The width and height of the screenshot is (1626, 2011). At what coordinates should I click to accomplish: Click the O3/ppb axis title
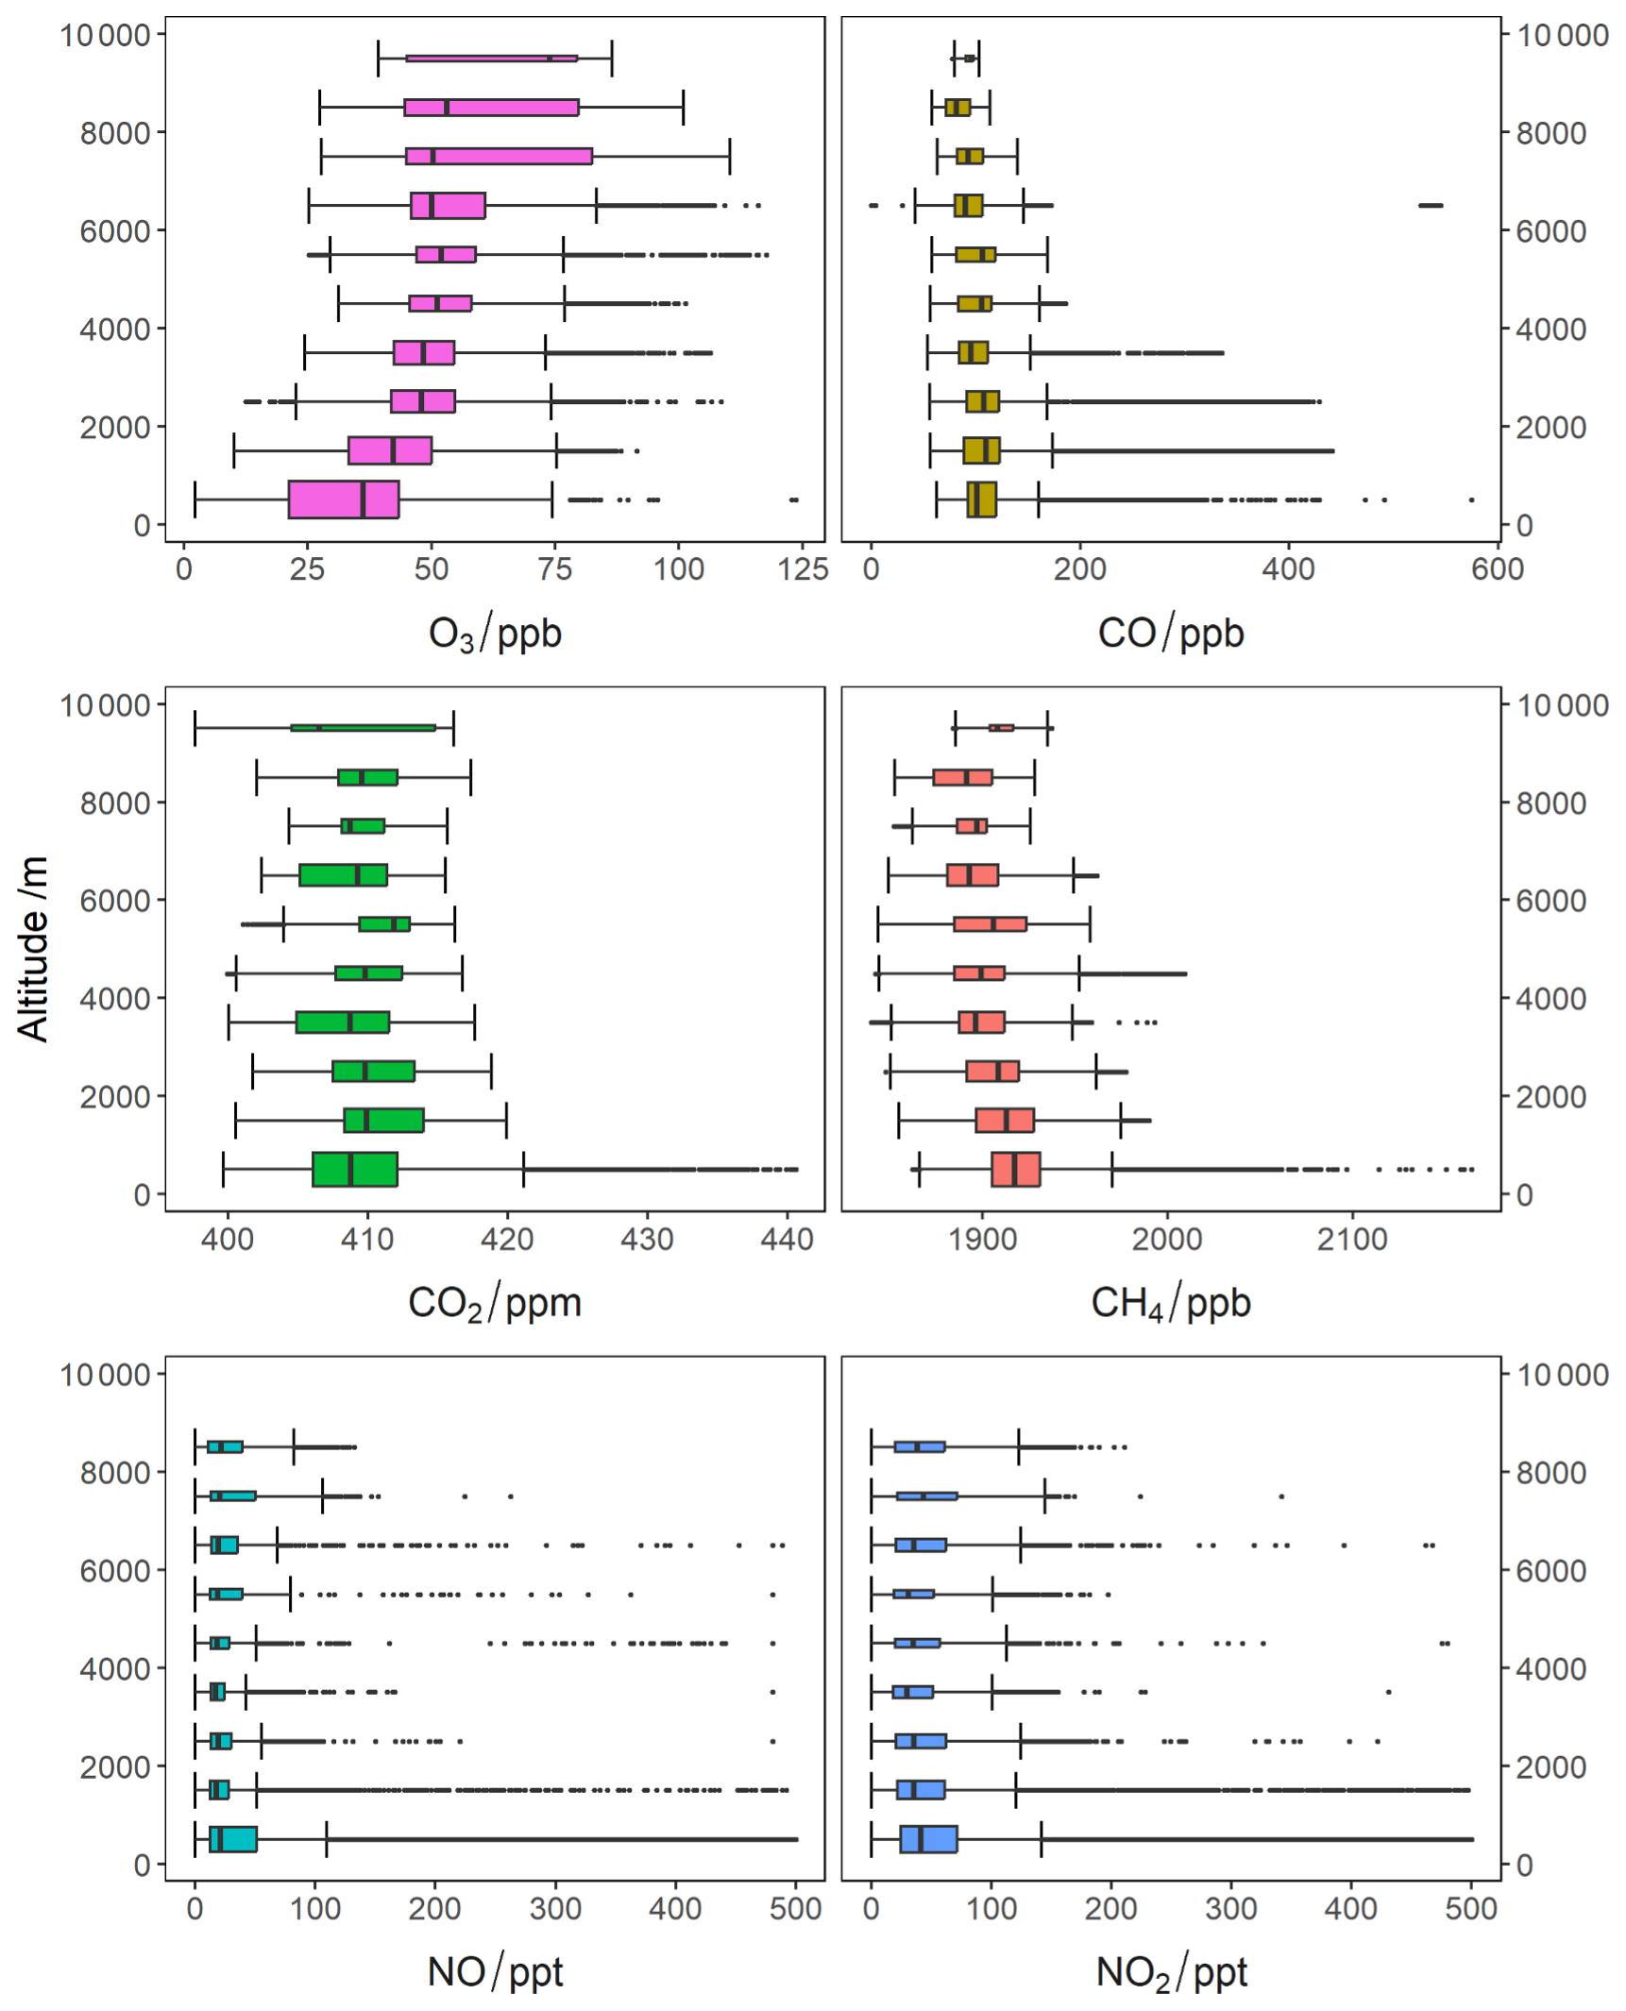point(494,633)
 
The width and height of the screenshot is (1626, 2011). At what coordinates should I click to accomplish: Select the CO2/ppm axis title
point(494,1302)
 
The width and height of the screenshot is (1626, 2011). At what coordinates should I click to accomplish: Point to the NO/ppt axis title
point(494,1971)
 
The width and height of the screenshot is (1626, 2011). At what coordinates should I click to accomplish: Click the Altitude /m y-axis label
point(33,948)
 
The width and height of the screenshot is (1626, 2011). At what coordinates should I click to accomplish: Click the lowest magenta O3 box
point(343,499)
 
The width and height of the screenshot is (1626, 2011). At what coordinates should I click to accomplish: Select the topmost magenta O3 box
point(490,59)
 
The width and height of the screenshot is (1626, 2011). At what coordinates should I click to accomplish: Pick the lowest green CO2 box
point(354,1169)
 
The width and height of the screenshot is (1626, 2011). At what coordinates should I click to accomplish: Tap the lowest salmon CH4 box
point(1014,1169)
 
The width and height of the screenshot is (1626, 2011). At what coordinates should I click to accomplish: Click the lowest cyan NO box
point(232,1839)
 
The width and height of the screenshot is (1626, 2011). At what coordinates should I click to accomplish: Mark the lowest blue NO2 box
point(927,1839)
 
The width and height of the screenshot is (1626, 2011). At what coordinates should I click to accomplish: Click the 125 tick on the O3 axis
point(802,568)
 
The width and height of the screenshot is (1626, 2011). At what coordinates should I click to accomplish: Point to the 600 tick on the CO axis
point(1496,568)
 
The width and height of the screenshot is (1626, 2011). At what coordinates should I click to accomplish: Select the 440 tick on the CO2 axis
point(786,1238)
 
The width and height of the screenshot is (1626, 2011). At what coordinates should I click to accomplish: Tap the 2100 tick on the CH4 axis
point(1351,1238)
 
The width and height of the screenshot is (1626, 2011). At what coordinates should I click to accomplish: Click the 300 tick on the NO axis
point(554,1908)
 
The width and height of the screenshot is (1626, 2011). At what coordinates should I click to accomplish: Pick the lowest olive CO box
point(980,499)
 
